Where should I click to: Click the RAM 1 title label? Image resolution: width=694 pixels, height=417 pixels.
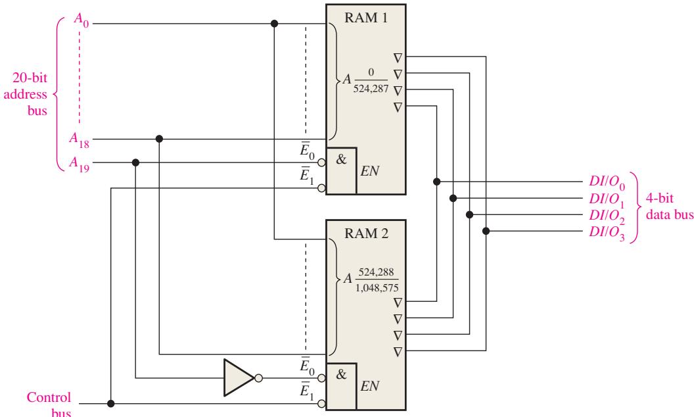click(x=365, y=18)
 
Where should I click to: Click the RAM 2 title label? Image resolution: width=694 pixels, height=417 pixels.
click(x=366, y=233)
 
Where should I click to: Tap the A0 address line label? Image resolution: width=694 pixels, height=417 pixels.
click(x=81, y=20)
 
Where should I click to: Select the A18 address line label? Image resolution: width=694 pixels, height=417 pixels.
click(x=80, y=139)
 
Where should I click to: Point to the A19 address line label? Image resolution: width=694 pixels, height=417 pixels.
click(x=80, y=164)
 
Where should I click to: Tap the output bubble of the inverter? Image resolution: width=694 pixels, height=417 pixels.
click(x=258, y=378)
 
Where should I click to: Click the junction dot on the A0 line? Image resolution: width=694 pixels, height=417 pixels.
click(x=275, y=24)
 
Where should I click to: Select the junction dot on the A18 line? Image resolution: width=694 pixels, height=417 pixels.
click(x=159, y=139)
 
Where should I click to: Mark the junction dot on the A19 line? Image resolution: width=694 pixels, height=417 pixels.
click(x=136, y=162)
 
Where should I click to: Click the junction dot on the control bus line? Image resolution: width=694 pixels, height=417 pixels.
click(x=110, y=404)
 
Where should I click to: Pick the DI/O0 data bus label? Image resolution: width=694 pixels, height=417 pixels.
click(x=607, y=182)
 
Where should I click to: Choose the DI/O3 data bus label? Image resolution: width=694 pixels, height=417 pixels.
click(x=607, y=232)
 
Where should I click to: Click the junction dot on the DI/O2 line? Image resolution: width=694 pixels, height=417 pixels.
click(x=470, y=214)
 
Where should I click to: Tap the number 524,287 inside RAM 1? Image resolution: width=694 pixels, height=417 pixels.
click(x=371, y=88)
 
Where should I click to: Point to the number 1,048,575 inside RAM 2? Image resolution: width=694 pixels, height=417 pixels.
click(x=377, y=287)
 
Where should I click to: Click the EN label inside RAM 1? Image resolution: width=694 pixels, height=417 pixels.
click(x=369, y=171)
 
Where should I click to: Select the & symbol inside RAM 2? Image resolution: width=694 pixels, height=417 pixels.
click(x=341, y=374)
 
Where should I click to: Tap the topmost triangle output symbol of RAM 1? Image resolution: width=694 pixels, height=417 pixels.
click(x=398, y=58)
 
